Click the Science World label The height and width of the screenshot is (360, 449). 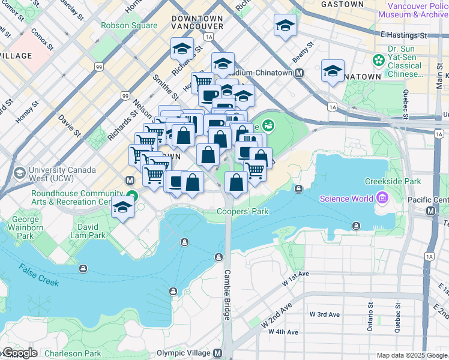click(x=346, y=199)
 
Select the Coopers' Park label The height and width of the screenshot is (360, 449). click(x=243, y=211)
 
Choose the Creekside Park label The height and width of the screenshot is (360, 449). click(x=392, y=181)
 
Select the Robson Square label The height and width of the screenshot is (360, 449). click(x=129, y=25)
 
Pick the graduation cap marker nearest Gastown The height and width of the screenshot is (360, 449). click(x=285, y=25)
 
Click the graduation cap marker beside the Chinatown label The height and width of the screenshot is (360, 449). click(x=333, y=71)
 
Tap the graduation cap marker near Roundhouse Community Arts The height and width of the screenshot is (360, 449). click(x=122, y=207)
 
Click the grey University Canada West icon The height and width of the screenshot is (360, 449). click(x=19, y=173)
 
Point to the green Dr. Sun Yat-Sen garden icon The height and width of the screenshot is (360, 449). click(x=379, y=60)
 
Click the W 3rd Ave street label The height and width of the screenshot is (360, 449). click(x=325, y=314)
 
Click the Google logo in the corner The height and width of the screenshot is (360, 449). click(x=20, y=353)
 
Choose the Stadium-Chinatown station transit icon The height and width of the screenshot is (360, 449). click(x=299, y=73)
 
